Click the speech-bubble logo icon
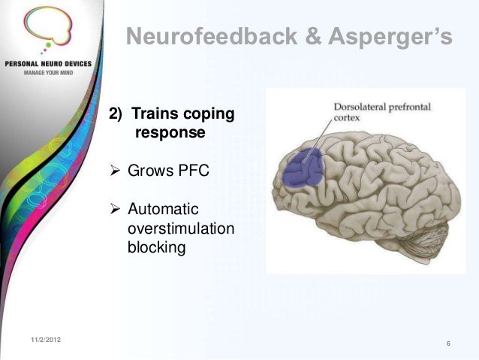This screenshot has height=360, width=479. [x=46, y=29]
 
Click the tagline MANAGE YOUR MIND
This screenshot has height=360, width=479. [x=46, y=74]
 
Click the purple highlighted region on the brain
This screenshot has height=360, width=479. [x=302, y=169]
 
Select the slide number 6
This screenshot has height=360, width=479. [x=447, y=344]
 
